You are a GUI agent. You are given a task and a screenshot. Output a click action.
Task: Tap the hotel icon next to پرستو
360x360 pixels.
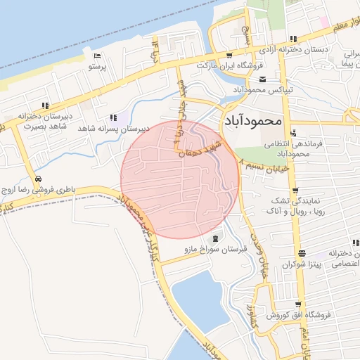tap(97, 56)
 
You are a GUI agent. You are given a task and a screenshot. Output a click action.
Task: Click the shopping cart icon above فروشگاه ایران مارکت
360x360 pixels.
tap(229, 54)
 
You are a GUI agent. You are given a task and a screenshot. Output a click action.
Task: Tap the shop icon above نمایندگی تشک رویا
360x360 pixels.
tap(295, 188)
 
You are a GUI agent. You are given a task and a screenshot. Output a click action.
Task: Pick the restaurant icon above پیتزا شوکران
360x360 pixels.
tap(302, 253)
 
